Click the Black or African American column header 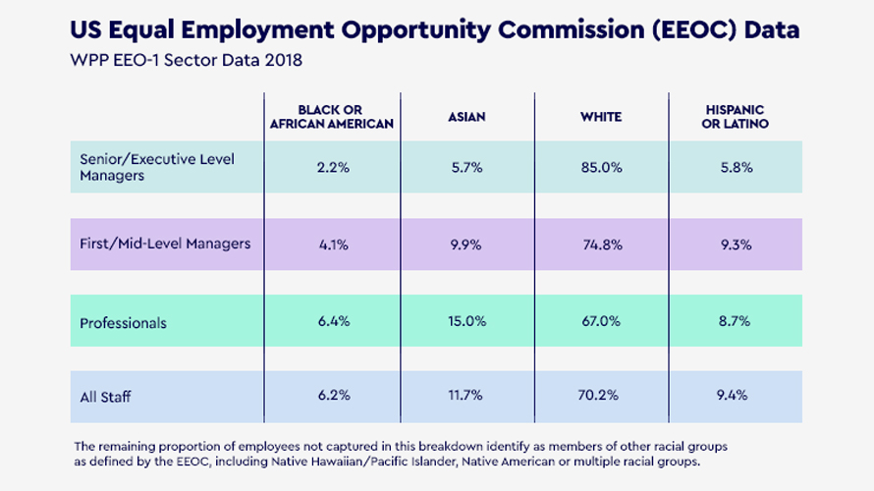point(332,117)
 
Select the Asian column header point(466,117)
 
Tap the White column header point(601,117)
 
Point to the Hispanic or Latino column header point(736,117)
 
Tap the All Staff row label point(106,398)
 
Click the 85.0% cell point(601,168)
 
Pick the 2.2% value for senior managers point(332,168)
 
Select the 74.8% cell point(601,245)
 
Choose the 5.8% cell point(736,168)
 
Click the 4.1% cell point(332,245)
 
